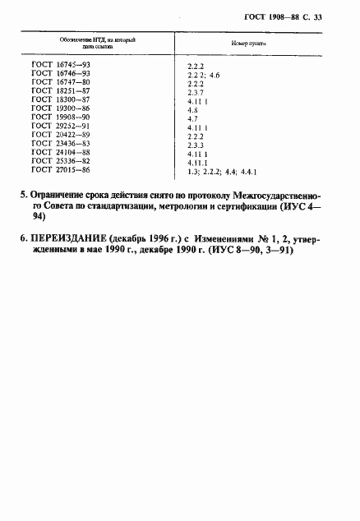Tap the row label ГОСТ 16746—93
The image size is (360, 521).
point(60,75)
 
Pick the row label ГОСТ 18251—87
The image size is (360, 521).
point(60,93)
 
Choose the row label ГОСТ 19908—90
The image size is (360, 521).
point(60,120)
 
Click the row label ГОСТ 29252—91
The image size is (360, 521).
point(60,129)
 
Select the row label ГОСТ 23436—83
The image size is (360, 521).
point(60,146)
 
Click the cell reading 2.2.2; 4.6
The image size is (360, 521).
point(205,75)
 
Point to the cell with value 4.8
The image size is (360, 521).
point(192,111)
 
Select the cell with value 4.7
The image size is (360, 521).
point(192,120)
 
